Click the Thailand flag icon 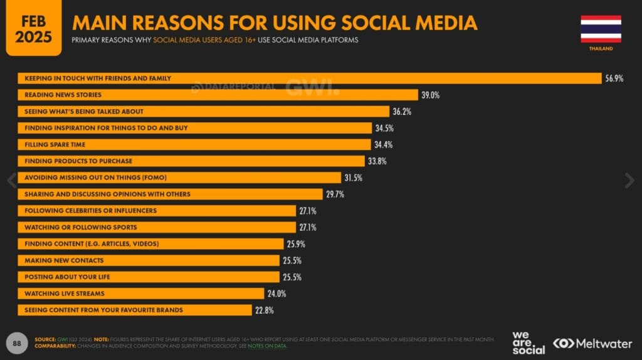pos(600,29)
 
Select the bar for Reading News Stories pos(217,95)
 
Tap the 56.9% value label pos(614,78)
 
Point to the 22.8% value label pos(264,310)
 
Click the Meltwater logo pos(593,343)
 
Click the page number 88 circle pos(18,342)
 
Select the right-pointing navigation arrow pos(629,181)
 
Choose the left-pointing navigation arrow pos(11,181)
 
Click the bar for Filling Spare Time pos(194,144)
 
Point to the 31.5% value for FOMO pos(352,177)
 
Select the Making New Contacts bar pos(148,260)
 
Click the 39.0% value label pos(430,95)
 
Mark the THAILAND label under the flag pos(601,48)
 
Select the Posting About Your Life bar pos(148,277)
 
